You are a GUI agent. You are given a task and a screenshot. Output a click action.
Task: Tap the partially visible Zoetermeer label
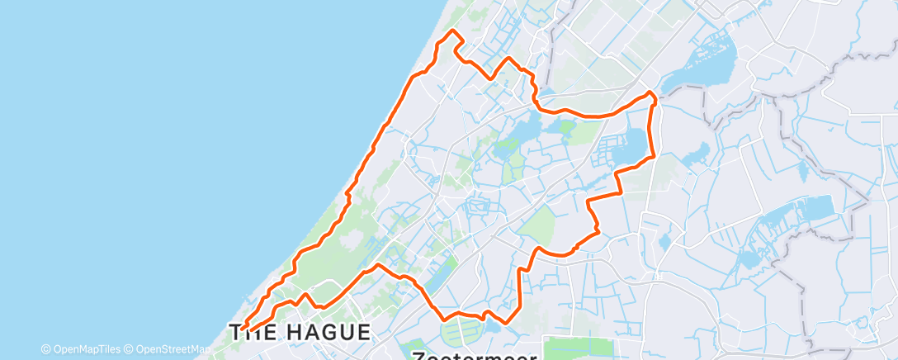475,355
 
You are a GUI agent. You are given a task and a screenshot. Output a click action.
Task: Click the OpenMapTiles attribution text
81,349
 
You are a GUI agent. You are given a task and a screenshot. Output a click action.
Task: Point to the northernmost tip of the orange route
452,31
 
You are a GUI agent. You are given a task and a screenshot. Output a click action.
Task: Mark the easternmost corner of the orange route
655,97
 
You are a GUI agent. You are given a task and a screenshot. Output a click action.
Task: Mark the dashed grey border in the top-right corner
863,56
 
